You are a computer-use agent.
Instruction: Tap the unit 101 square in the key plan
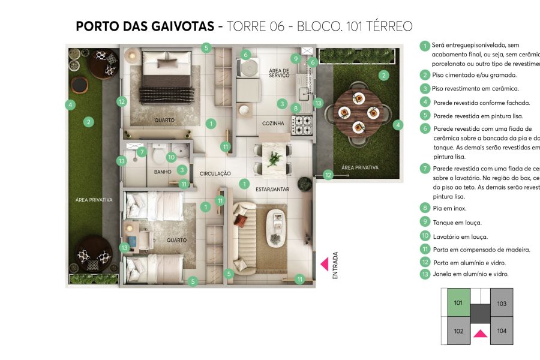[x=457, y=303]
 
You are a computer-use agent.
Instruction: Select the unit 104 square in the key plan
[x=502, y=331]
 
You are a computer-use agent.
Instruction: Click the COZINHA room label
[x=273, y=124]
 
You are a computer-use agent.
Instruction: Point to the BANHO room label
[x=163, y=172]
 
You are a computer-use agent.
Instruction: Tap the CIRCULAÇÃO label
[x=215, y=173]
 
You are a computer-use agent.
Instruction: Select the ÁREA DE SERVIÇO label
[x=280, y=73]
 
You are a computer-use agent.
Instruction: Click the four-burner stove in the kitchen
[x=301, y=125]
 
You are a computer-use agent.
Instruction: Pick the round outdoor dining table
[x=358, y=112]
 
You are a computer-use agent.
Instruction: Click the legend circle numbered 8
[x=425, y=208]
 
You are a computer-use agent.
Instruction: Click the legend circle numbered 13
[x=425, y=274]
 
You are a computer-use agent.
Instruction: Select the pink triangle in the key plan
[x=479, y=334]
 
